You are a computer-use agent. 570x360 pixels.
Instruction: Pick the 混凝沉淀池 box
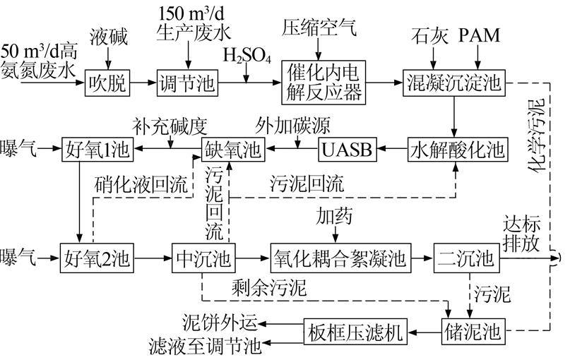pyautogui.click(x=453, y=83)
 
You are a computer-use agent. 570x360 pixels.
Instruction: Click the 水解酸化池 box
pyautogui.click(x=458, y=150)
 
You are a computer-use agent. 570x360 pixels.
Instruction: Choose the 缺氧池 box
pyautogui.click(x=234, y=150)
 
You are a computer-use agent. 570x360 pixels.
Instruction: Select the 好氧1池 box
pyautogui.click(x=98, y=150)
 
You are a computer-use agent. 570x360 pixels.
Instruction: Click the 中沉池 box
pyautogui.click(x=204, y=257)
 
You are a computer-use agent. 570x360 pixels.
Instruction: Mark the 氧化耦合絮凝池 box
pyautogui.click(x=340, y=257)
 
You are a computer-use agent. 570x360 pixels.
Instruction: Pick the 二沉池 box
pyautogui.click(x=463, y=257)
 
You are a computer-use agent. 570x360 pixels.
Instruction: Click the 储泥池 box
pyautogui.click(x=469, y=330)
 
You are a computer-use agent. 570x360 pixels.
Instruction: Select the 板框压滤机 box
pyautogui.click(x=357, y=330)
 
